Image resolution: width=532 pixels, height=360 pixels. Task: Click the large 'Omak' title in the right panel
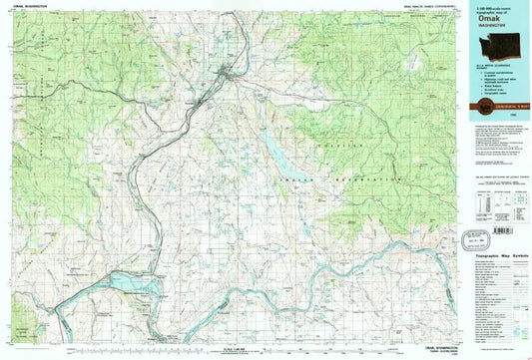pyautogui.click(x=483, y=17)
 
